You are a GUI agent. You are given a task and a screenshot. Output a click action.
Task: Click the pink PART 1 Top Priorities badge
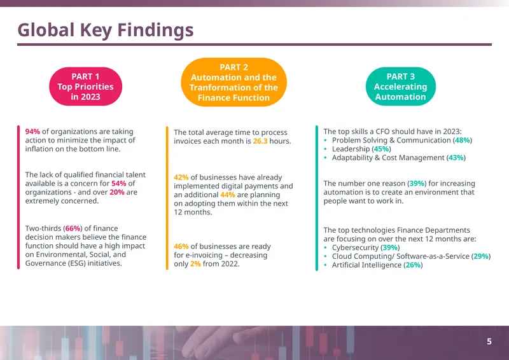pos(86,87)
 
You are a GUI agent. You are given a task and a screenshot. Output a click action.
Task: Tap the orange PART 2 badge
pos(234,82)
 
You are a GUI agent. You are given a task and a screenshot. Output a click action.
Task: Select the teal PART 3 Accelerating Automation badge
pos(401,87)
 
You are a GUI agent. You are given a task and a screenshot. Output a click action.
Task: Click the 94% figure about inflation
pos(32,132)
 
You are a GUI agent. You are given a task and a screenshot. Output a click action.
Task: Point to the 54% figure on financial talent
pos(119,183)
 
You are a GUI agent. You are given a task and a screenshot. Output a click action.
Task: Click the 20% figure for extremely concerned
pos(117,192)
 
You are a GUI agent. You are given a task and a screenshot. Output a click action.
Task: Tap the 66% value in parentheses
pos(73,228)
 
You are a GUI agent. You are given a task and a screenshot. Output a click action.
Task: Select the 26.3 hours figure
pos(260,141)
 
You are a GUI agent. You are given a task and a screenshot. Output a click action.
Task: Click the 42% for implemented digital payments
pos(181,177)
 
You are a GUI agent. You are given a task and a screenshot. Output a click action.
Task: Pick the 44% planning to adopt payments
pos(228,195)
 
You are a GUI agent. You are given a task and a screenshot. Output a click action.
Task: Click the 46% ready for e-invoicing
pos(181,247)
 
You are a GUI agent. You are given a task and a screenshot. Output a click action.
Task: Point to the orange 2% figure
pos(195,264)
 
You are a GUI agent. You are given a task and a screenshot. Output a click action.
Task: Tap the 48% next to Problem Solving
pos(463,140)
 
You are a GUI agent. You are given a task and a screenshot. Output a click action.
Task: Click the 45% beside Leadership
pos(381,149)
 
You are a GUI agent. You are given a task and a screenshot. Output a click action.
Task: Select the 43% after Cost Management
pos(456,158)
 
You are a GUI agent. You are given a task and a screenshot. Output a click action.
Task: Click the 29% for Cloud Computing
pos(481,256)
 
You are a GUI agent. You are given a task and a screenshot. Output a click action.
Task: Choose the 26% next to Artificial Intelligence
pos(413,265)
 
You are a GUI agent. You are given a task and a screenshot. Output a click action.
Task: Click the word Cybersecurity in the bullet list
pos(355,247)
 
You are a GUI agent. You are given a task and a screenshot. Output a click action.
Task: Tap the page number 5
pos(489,342)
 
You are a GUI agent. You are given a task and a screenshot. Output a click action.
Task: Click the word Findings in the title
pos(155,30)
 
